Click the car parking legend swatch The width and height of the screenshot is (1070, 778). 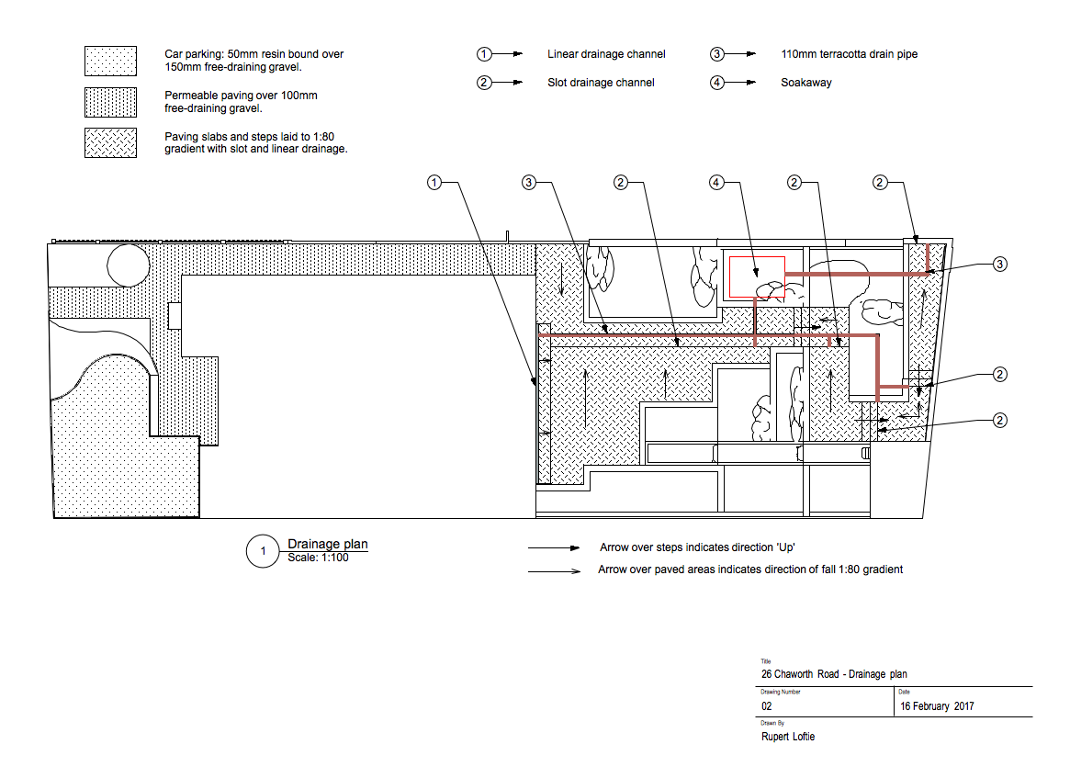tap(110, 61)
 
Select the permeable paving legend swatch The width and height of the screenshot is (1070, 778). tap(110, 102)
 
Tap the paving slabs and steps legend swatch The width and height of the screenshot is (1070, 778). tap(110, 142)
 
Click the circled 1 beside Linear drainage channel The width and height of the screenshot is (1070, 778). tap(484, 54)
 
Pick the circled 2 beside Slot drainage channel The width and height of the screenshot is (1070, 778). tap(484, 83)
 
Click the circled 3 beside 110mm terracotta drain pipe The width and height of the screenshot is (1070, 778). tap(716, 54)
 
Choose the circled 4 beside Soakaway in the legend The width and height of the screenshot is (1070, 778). tap(716, 83)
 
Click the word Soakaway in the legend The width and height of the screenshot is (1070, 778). tap(805, 83)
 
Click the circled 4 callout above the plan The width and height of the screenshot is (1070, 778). tap(715, 182)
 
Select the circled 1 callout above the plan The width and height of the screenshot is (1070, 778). tap(434, 182)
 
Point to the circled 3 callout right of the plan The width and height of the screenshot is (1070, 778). tap(999, 265)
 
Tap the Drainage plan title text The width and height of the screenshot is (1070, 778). tap(328, 544)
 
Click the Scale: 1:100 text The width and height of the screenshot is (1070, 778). tap(318, 558)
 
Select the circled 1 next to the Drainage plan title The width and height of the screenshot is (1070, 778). tap(263, 551)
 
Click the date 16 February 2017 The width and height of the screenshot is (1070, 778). tap(937, 706)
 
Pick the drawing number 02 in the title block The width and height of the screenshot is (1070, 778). tap(766, 706)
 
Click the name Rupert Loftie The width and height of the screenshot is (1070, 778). tap(788, 737)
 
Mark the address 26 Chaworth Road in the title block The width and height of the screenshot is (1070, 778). tap(800, 674)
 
